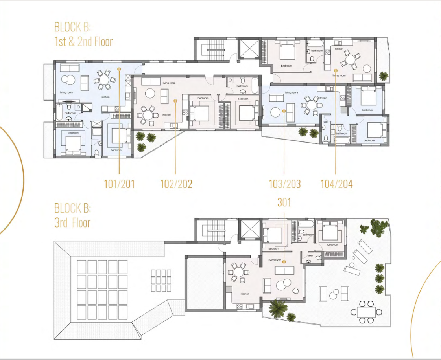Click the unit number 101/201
(x=119, y=184)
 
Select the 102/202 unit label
(x=176, y=184)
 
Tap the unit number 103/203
(x=284, y=184)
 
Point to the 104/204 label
(x=336, y=184)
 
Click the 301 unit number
(x=284, y=202)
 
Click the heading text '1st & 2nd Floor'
(x=83, y=41)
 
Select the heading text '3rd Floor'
(x=72, y=223)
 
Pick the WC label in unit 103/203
(x=326, y=122)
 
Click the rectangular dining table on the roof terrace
(x=367, y=312)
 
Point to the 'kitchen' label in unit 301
(x=245, y=294)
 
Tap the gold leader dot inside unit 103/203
(x=284, y=111)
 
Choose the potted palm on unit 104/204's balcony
(x=382, y=75)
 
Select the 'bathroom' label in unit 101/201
(x=70, y=113)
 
